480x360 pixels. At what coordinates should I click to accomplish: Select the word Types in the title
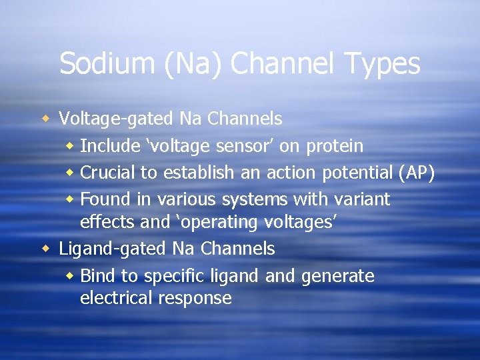coord(382,64)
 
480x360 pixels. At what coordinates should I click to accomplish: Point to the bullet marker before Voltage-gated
coord(45,119)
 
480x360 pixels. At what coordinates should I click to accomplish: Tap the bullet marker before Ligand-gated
coord(45,249)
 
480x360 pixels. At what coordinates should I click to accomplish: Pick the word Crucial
coord(107,173)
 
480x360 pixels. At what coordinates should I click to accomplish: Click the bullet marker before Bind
coord(71,276)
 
